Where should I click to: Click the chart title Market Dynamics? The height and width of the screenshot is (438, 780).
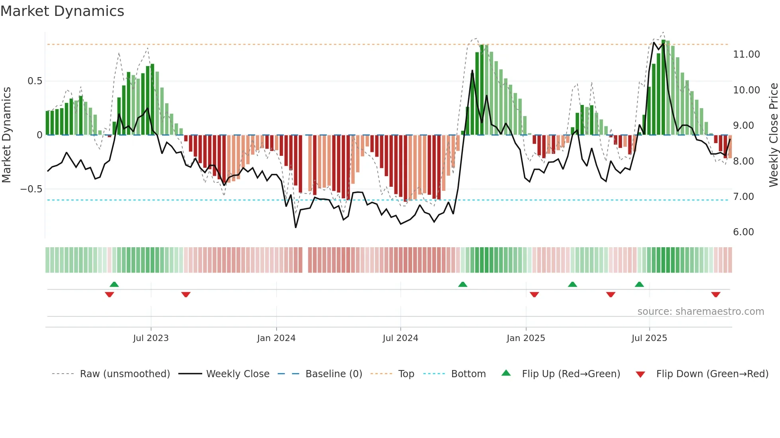[62, 11]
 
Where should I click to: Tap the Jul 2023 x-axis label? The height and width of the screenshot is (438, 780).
[151, 338]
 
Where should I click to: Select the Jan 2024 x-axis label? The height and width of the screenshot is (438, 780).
[276, 338]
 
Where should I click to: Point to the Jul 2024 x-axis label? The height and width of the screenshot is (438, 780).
[400, 338]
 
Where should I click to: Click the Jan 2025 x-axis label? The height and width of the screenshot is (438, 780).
[526, 338]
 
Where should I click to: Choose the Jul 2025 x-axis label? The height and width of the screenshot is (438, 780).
[649, 338]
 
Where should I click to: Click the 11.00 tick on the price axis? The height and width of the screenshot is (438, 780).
[746, 54]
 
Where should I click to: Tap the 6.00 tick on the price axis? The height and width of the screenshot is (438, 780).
[743, 232]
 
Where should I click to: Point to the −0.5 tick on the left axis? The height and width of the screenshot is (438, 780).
[31, 189]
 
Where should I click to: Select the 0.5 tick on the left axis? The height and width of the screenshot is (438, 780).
[35, 81]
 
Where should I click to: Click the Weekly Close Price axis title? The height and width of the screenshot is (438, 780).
[773, 135]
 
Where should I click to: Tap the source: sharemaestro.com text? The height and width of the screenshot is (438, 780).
[700, 312]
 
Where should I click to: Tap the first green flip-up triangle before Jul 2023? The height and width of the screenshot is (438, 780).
[114, 284]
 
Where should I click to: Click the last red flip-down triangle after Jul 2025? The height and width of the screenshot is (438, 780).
[716, 295]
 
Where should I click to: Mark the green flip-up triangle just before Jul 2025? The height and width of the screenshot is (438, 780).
[639, 284]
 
